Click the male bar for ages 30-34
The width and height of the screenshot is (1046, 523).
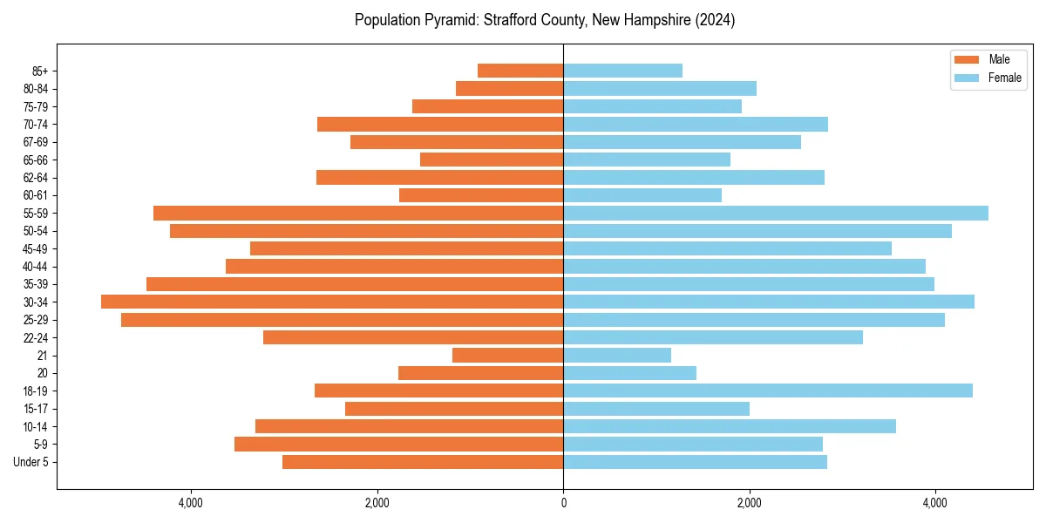[332, 302]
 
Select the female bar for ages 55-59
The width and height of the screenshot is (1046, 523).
[776, 213]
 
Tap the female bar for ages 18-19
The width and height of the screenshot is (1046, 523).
[768, 391]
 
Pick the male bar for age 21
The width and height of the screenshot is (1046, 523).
[507, 355]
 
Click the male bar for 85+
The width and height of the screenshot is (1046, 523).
[520, 71]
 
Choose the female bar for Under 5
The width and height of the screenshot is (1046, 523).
[695, 462]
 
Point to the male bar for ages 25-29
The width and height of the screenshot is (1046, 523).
[342, 320]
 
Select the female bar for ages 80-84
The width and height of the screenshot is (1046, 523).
[660, 88]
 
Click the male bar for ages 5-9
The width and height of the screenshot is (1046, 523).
[398, 445]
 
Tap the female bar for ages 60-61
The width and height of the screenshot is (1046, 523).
[642, 195]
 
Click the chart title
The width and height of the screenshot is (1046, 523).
[545, 20]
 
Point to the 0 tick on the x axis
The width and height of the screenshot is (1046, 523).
[563, 503]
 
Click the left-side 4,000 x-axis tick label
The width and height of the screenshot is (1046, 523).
[191, 503]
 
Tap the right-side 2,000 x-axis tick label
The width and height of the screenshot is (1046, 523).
[749, 503]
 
